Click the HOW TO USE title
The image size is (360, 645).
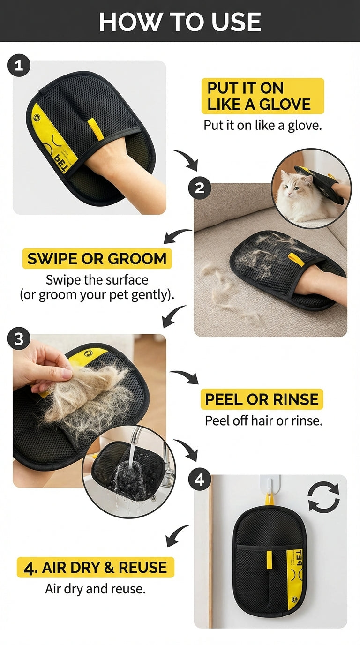click(180, 22)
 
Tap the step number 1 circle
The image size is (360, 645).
click(19, 66)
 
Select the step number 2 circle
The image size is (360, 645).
click(199, 188)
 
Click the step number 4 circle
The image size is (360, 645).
click(200, 480)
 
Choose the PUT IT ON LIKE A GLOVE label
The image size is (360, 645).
click(262, 96)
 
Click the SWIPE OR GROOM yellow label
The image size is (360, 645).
click(97, 258)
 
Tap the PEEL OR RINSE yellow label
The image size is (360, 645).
click(262, 399)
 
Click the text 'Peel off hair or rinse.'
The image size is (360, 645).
click(263, 420)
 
